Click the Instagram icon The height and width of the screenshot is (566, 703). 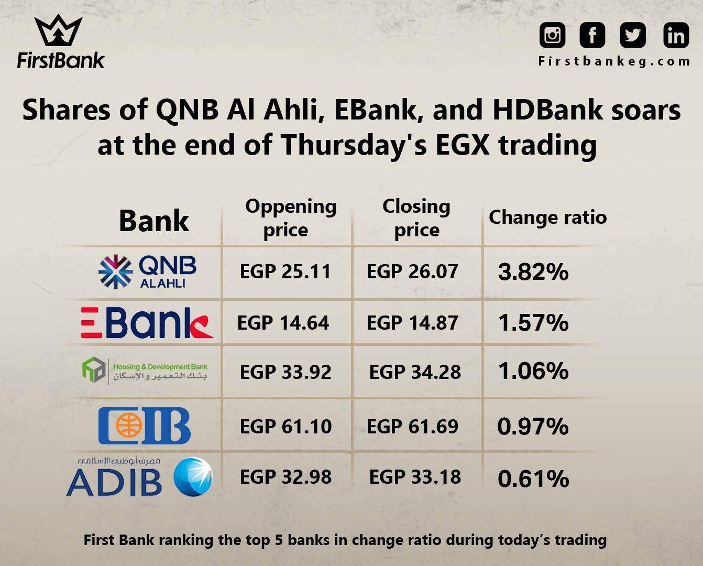click(552, 35)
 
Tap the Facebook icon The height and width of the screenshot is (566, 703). click(592, 35)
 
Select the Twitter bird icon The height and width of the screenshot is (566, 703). click(632, 35)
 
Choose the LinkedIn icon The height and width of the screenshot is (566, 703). click(676, 35)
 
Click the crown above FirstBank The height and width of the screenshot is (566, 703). click(58, 30)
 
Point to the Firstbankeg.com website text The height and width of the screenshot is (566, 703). click(614, 61)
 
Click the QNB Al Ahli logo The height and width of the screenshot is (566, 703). click(147, 271)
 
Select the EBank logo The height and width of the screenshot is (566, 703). click(147, 322)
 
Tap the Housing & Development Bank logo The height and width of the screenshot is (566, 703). click(145, 371)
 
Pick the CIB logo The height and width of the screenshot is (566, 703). click(145, 426)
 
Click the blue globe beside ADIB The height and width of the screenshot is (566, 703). click(193, 477)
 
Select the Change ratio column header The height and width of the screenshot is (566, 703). click(548, 217)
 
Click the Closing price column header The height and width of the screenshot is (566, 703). click(416, 219)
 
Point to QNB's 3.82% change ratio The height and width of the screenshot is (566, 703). click(533, 272)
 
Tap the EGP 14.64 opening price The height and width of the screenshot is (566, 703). click(283, 323)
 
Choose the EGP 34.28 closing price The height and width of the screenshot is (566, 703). click(415, 372)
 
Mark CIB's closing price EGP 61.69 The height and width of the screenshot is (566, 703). click(412, 427)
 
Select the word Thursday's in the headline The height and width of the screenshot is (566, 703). click(354, 145)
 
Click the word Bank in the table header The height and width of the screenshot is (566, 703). click(154, 221)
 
